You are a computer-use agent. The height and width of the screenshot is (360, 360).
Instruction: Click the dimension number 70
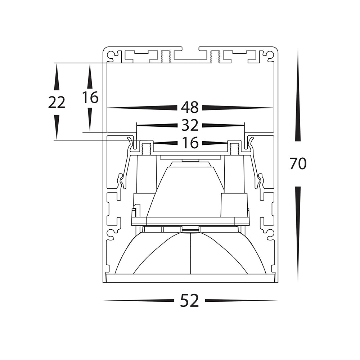pyautogui.click(x=298, y=163)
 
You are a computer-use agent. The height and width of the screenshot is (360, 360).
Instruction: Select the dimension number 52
pyautogui.click(x=189, y=301)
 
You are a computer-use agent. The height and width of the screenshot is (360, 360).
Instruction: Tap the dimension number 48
pyautogui.click(x=190, y=107)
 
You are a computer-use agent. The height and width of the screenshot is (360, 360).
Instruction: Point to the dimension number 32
pyautogui.click(x=190, y=125)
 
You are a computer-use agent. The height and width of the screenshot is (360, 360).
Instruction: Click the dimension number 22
pyautogui.click(x=57, y=102)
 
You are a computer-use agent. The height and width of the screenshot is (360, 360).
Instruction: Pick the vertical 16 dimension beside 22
pyautogui.click(x=90, y=97)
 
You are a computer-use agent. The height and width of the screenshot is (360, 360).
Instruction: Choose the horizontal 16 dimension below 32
pyautogui.click(x=190, y=143)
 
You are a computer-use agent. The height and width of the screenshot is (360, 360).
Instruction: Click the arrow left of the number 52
pyautogui.click(x=139, y=301)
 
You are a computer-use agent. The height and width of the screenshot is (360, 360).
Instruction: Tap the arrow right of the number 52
pyautogui.click(x=241, y=301)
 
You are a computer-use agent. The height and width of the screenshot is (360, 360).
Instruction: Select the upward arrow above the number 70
pyautogui.click(x=298, y=95)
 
